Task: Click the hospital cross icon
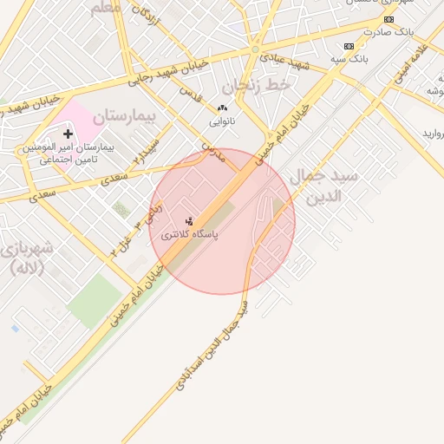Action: tap(69, 134)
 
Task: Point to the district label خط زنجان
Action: tap(254, 85)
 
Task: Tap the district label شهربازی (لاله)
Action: tap(29, 257)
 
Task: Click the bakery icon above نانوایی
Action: tap(222, 108)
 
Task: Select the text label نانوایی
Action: tap(221, 121)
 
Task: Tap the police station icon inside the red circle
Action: tap(190, 221)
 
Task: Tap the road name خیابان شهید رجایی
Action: tap(169, 75)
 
